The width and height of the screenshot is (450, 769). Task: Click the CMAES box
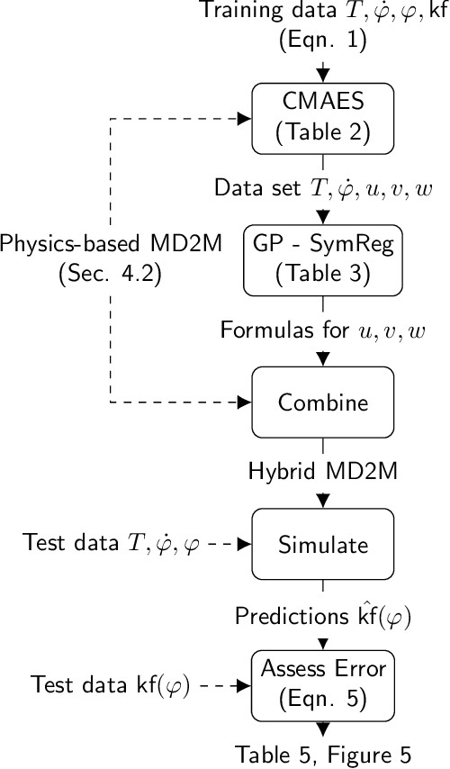(x=323, y=119)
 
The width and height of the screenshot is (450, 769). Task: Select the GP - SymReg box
(x=323, y=259)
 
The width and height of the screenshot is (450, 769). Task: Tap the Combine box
(x=323, y=402)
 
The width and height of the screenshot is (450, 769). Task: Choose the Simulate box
(x=323, y=544)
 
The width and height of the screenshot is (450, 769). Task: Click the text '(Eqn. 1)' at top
(x=323, y=41)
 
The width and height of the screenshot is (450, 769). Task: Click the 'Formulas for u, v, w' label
(x=323, y=330)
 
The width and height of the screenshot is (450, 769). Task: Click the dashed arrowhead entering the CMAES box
(x=244, y=119)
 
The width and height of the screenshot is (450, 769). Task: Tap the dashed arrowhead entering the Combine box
(x=244, y=402)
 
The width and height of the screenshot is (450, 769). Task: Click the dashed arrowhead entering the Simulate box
(x=244, y=544)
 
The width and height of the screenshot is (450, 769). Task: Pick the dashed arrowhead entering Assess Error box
(x=244, y=684)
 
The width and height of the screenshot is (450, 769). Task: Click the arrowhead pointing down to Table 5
(x=323, y=729)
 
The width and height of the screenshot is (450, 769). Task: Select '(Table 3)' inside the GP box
(x=323, y=273)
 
